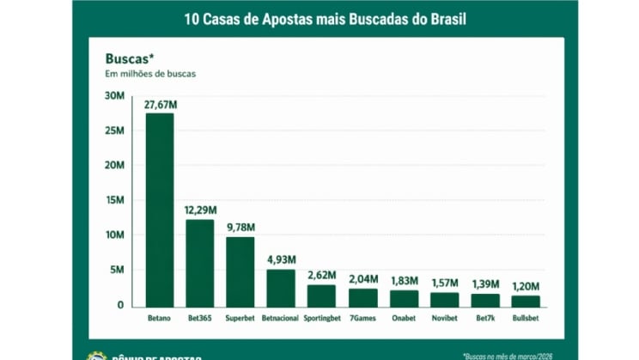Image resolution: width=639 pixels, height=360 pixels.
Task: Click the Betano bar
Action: (x=160, y=209)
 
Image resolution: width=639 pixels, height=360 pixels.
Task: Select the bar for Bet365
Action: (x=200, y=262)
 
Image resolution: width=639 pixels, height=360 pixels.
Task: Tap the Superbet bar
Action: (x=240, y=271)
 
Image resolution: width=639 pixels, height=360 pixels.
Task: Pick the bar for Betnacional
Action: (x=281, y=287)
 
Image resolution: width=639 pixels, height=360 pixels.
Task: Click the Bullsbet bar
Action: (x=525, y=300)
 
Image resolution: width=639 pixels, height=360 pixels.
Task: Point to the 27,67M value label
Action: (x=160, y=105)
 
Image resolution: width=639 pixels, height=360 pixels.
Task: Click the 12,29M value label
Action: (x=200, y=211)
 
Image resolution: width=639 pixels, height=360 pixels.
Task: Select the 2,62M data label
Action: (x=322, y=276)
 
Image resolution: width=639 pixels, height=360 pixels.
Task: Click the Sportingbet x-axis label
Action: (x=322, y=319)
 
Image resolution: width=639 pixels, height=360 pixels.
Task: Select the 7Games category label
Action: (x=362, y=319)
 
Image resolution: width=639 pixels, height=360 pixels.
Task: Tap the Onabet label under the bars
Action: (x=403, y=319)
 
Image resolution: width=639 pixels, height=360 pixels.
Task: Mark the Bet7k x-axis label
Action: (x=484, y=319)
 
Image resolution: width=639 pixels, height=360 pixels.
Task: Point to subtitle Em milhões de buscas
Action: (x=150, y=74)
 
